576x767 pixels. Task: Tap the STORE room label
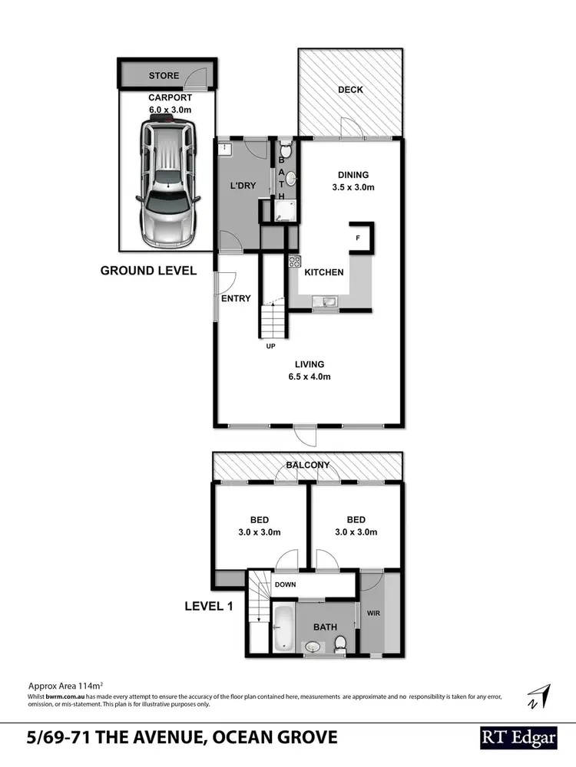[x=164, y=76]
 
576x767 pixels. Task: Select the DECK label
[x=350, y=90]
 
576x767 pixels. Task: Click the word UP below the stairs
[x=270, y=346]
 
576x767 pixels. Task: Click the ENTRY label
[x=236, y=298]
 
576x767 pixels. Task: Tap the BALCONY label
[x=307, y=465]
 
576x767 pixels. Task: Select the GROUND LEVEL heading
[x=149, y=270]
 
